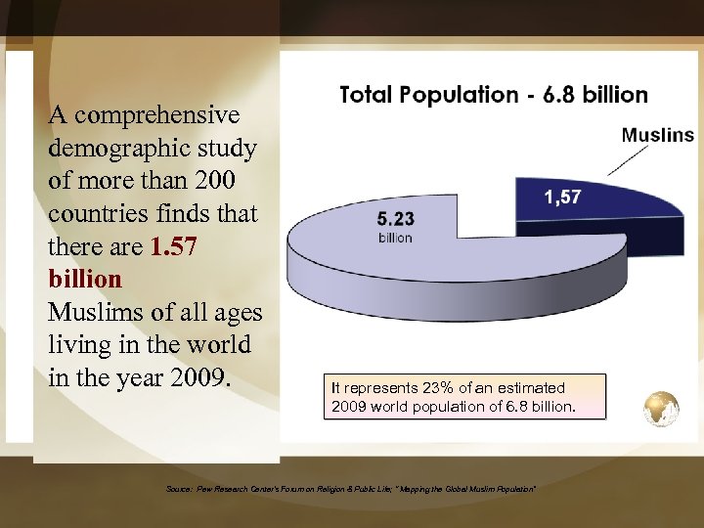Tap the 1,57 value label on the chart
[562, 197]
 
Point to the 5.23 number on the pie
[396, 219]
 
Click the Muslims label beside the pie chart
[657, 135]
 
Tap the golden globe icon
[662, 409]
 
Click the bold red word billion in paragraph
[85, 280]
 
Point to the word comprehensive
[156, 115]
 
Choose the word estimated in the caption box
[530, 388]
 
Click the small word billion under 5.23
[395, 238]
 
